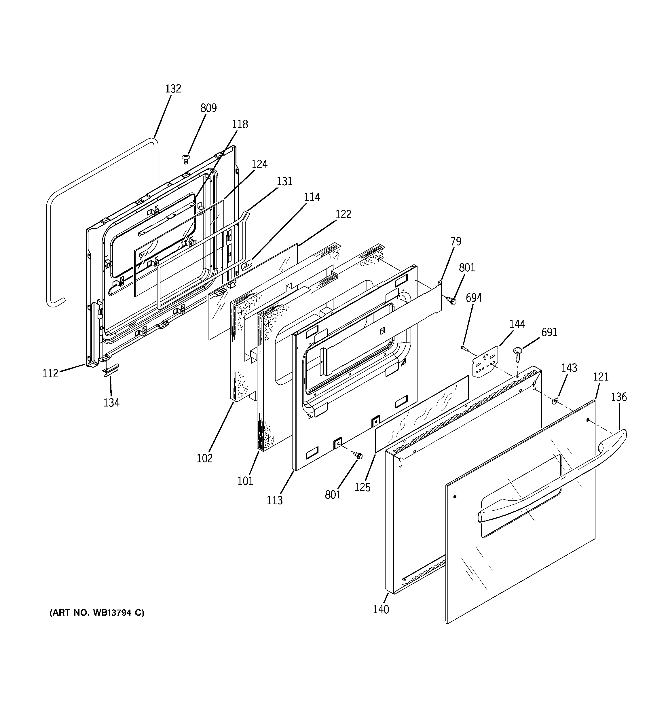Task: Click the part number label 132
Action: coord(173,89)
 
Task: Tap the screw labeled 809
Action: coord(186,158)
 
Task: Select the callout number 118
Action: coord(240,124)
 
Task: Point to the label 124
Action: coord(259,164)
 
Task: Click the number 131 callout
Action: coord(284,181)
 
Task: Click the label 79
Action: coord(456,241)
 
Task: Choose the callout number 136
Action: coord(618,397)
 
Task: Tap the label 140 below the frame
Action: coord(380,609)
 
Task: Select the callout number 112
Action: coord(50,373)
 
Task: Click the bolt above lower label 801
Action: coord(358,455)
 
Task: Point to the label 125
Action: coord(362,487)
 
